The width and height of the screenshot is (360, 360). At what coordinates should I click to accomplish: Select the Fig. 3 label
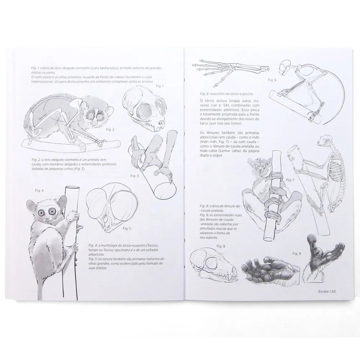point(135,176)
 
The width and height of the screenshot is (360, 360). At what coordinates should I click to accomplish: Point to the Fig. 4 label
point(40,190)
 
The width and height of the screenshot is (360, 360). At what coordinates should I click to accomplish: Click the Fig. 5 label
point(127,228)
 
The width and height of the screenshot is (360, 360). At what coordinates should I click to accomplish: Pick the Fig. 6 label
point(272,80)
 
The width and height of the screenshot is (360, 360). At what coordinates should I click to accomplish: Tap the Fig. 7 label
point(290,180)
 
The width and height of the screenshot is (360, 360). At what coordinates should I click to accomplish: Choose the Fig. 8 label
point(221,246)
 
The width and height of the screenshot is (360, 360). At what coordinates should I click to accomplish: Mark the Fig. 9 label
point(297,254)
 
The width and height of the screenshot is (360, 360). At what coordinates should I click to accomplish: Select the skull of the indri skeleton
point(327,140)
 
